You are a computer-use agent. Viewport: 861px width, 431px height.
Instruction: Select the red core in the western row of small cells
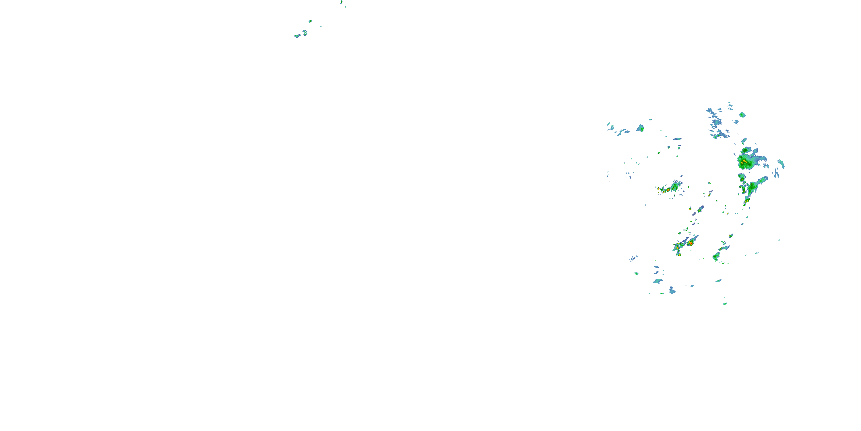[668, 190]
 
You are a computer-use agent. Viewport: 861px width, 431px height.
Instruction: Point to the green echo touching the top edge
[341, 2]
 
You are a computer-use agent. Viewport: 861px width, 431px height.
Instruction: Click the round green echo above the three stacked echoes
[310, 21]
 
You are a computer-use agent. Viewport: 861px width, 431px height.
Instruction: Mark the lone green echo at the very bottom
[725, 304]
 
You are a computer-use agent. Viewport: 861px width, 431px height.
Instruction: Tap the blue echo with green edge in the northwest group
[640, 128]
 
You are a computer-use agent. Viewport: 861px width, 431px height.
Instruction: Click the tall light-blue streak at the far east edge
[781, 164]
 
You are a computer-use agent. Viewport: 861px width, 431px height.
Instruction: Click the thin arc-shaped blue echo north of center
[677, 139]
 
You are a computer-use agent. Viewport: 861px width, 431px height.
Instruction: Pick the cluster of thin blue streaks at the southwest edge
[633, 258]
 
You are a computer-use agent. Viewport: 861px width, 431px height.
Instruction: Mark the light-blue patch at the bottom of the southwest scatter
[672, 290]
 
